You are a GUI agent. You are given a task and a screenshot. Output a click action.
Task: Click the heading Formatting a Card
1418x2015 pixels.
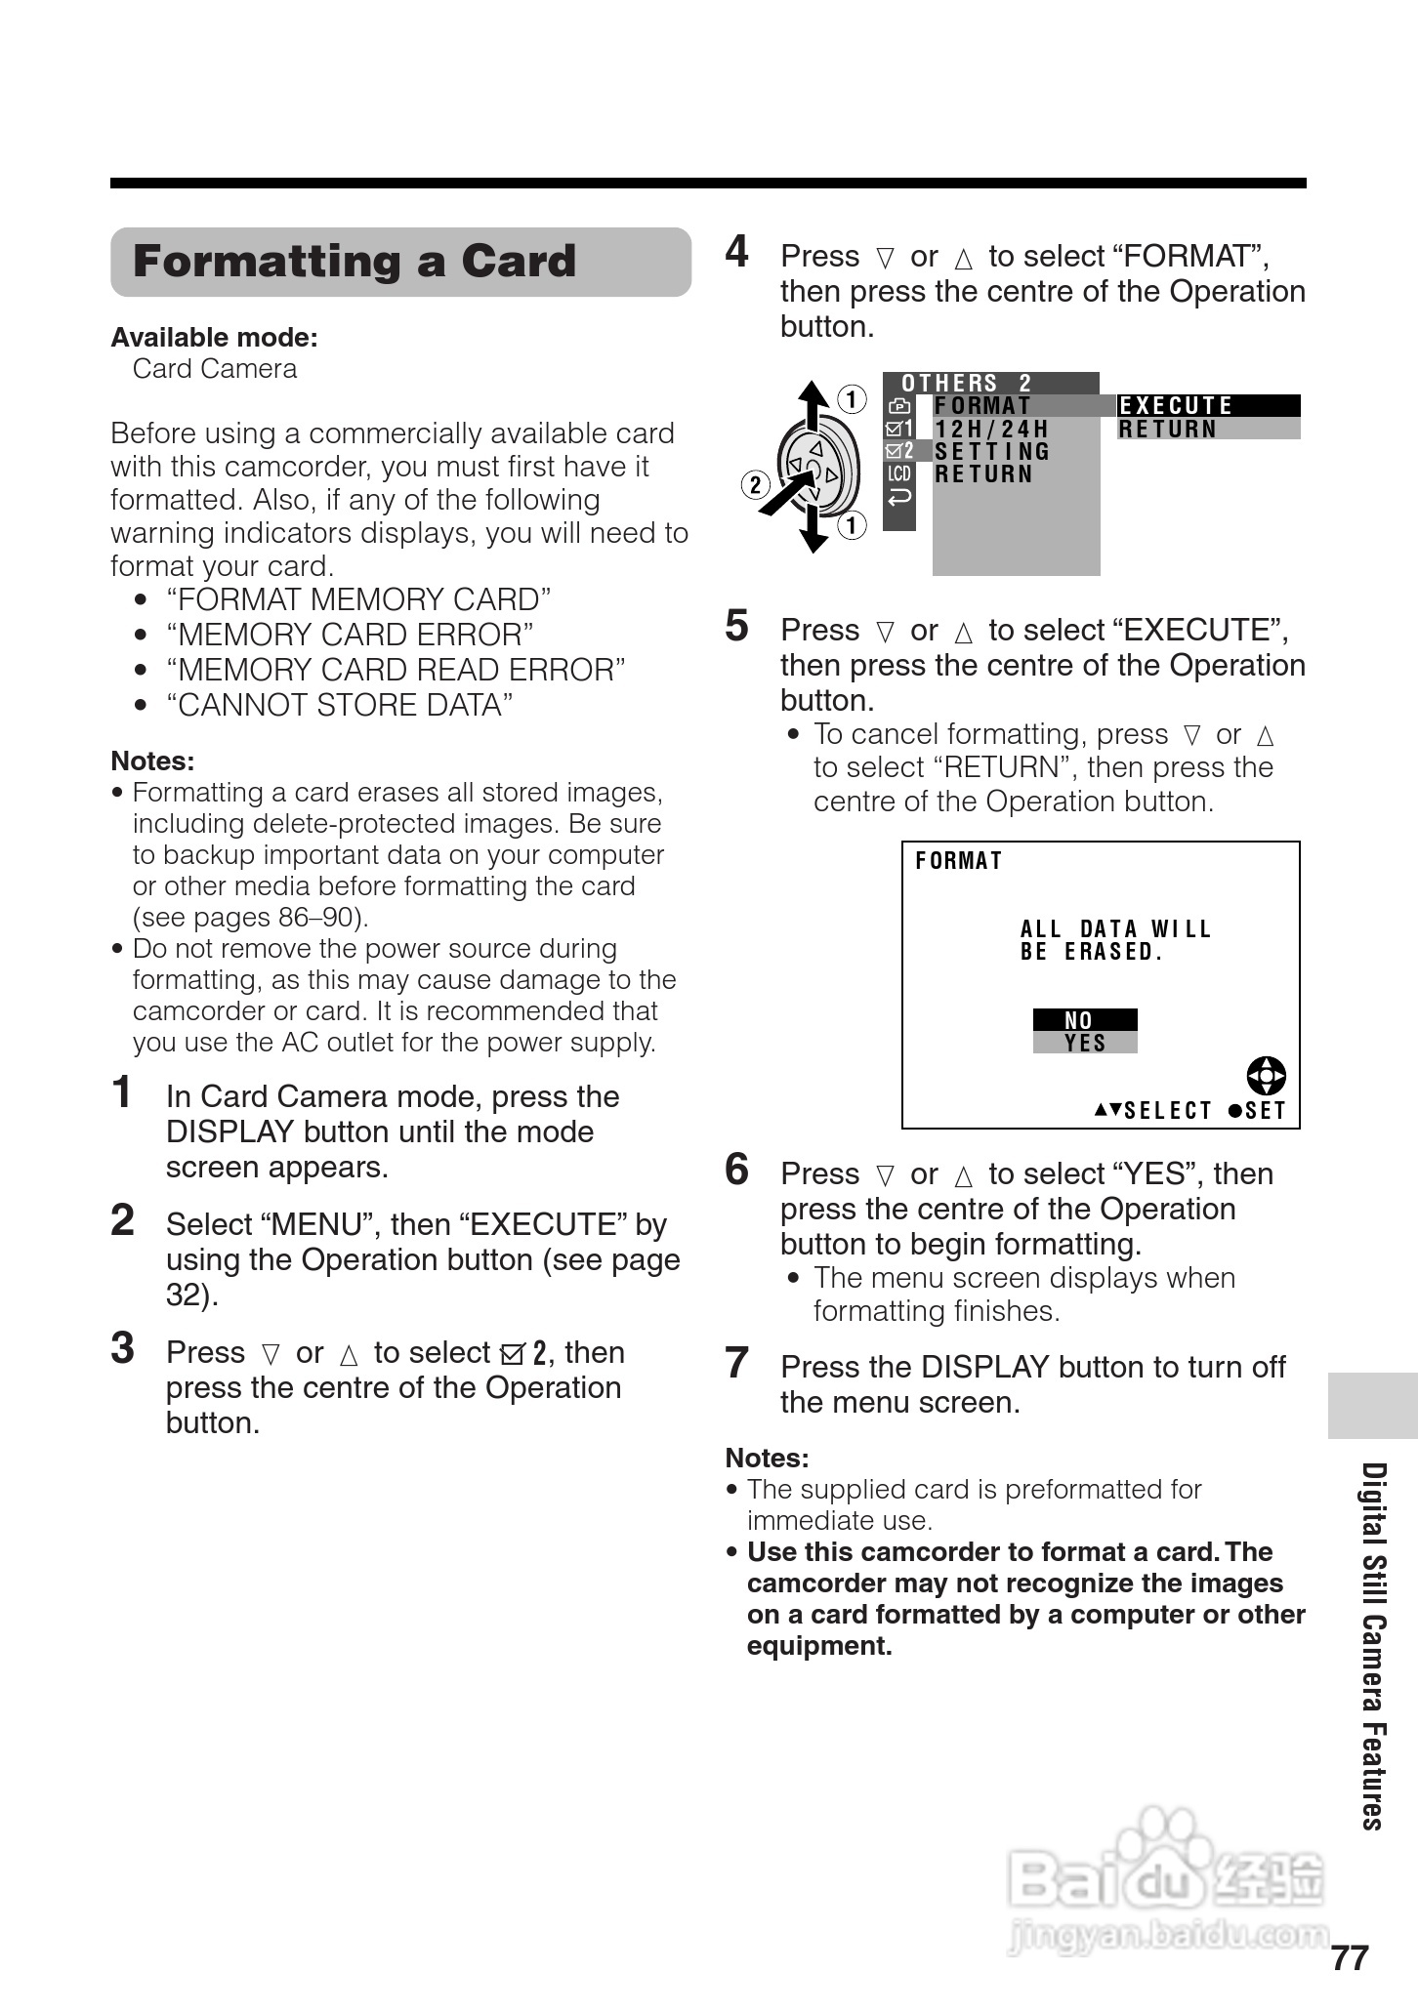pyautogui.click(x=354, y=262)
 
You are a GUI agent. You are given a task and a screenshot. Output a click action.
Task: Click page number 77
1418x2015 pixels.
pyautogui.click(x=1350, y=1958)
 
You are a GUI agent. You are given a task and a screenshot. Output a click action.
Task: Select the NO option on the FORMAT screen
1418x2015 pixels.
pyautogui.click(x=1084, y=1019)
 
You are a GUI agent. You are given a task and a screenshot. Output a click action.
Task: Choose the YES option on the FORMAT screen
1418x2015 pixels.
pyautogui.click(x=1084, y=1043)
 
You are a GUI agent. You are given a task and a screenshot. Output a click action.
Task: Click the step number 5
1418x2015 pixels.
pyautogui.click(x=736, y=627)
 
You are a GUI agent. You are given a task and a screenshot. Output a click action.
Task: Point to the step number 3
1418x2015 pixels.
pyautogui.click(x=122, y=1349)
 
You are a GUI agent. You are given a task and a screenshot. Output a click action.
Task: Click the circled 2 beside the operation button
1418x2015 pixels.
pyautogui.click(x=755, y=484)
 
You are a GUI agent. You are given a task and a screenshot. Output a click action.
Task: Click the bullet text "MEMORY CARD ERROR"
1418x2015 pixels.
pyautogui.click(x=350, y=635)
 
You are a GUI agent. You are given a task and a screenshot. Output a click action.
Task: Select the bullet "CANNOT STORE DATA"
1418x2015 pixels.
pyautogui.click(x=339, y=705)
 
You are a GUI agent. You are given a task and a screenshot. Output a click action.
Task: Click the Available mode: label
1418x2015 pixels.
pyautogui.click(x=214, y=338)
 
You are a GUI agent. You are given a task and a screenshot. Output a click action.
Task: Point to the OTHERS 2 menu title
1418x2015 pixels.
pyautogui.click(x=966, y=383)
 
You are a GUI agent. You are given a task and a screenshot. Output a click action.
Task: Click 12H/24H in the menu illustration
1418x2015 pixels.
pyautogui.click(x=991, y=429)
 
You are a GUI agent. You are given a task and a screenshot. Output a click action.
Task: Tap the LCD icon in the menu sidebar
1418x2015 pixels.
pyautogui.click(x=898, y=474)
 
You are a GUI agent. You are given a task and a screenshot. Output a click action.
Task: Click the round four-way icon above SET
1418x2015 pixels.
pyautogui.click(x=1267, y=1076)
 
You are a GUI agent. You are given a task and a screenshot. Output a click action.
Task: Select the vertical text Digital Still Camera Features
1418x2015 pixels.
pyautogui.click(x=1373, y=1646)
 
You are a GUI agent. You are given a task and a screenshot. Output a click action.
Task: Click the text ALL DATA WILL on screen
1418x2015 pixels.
pyautogui.click(x=1115, y=928)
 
